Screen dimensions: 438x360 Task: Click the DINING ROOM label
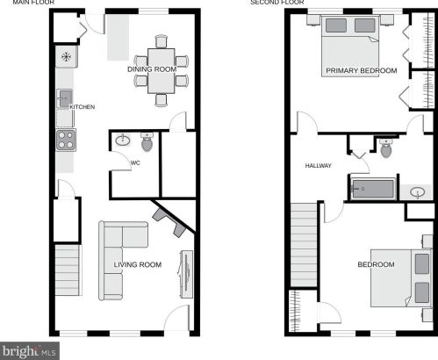pos(152,69)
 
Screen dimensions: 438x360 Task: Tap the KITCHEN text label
pos(83,107)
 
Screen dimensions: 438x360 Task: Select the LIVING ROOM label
pos(138,264)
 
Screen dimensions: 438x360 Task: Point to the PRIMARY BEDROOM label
pos(362,70)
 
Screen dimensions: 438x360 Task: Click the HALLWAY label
pos(319,166)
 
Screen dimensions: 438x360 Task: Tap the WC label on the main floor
pos(135,162)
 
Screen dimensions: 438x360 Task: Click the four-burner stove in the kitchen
pos(66,140)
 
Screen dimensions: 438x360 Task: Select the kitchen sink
pos(64,98)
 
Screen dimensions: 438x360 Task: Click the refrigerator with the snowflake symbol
pos(67,56)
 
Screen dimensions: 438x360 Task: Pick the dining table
pos(162,71)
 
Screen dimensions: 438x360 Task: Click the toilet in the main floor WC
pos(147,142)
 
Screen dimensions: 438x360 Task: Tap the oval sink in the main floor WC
pos(123,140)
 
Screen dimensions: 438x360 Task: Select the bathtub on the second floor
pos(373,189)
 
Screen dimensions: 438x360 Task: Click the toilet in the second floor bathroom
pos(386,148)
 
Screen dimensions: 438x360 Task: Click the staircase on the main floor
pos(68,270)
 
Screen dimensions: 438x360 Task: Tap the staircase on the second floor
pos(304,245)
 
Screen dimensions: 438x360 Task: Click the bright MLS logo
pos(30,351)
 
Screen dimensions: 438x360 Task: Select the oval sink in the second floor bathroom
pos(418,192)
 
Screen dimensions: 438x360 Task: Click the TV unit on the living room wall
pos(186,274)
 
